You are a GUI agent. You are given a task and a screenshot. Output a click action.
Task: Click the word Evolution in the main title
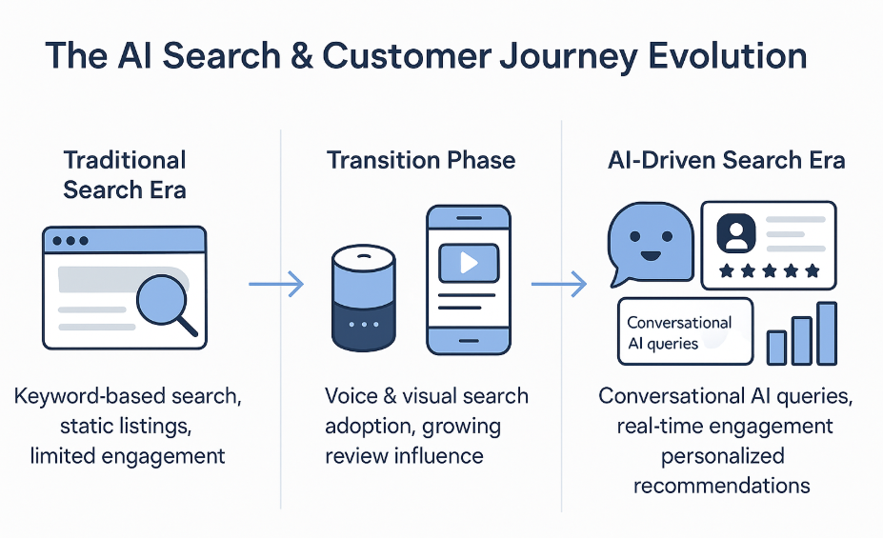click(x=727, y=56)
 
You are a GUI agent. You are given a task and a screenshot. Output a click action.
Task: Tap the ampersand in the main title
click(x=301, y=56)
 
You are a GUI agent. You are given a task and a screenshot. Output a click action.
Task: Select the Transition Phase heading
click(x=421, y=160)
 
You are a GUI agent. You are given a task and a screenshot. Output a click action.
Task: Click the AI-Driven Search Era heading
click(x=727, y=160)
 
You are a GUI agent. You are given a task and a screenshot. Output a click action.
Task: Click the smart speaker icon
click(x=364, y=298)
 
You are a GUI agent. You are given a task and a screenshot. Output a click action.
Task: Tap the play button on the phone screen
click(x=469, y=263)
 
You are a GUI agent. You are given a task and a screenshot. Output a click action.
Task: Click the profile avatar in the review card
click(x=735, y=232)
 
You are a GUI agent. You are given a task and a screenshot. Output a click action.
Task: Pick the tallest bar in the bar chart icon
click(x=827, y=333)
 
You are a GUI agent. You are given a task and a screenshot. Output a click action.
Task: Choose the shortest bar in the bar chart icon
click(x=776, y=348)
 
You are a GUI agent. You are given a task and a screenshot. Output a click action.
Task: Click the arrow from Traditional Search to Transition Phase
click(x=276, y=284)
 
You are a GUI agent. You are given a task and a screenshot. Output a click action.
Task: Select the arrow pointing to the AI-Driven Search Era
click(x=558, y=284)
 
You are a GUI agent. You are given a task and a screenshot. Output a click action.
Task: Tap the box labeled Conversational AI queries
click(x=685, y=331)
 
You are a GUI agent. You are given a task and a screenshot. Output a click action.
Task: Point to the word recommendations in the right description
click(x=721, y=485)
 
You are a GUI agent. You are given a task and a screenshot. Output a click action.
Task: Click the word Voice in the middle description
click(x=351, y=396)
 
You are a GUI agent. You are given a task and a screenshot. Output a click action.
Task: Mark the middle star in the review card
click(x=770, y=271)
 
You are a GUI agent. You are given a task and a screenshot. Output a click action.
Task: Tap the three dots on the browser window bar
click(x=70, y=241)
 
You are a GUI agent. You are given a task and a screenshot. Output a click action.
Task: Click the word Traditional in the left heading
click(x=125, y=160)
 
